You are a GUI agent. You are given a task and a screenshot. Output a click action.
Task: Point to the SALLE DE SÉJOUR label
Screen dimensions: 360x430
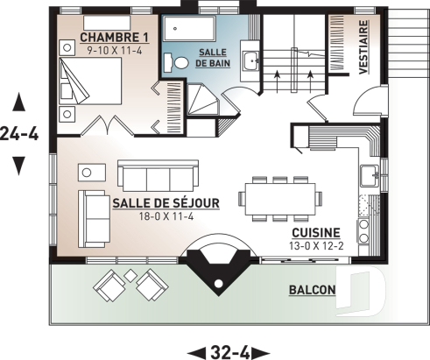(166, 202)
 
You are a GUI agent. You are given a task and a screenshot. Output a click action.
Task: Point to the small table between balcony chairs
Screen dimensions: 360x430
(130, 277)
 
